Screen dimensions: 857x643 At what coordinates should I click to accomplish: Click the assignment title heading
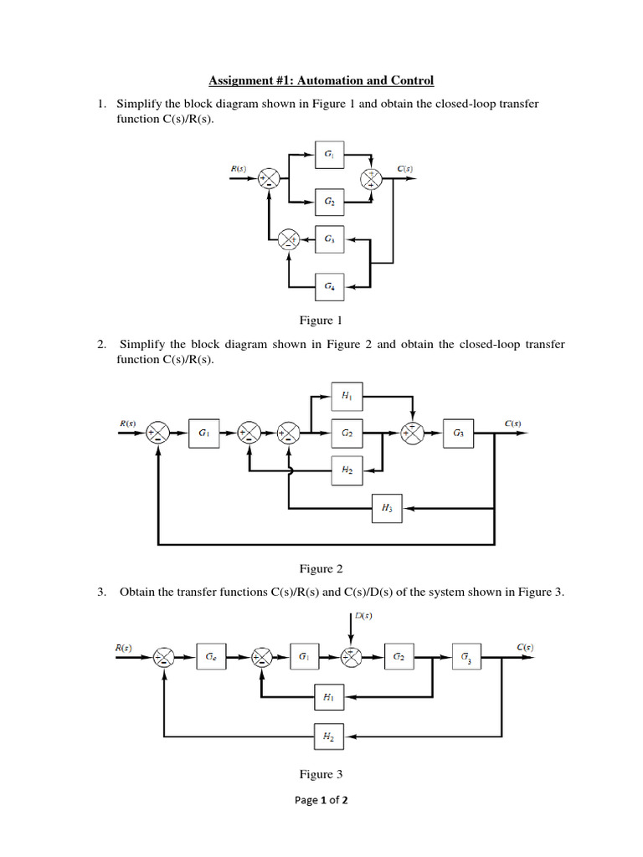coord(321,81)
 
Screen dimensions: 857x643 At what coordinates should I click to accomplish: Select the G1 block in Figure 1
coord(327,155)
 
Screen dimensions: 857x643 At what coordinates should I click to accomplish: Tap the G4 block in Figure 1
coord(327,286)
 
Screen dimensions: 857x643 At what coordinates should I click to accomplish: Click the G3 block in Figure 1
coord(327,239)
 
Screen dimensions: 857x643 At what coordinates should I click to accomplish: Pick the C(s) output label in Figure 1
coord(404,169)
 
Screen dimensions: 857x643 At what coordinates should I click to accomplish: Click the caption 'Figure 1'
coord(321,321)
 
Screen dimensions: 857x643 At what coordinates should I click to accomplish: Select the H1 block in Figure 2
coord(347,395)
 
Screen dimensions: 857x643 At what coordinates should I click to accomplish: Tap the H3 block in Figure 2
coord(387,508)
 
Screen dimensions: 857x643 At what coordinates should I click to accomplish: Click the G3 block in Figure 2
coord(460,433)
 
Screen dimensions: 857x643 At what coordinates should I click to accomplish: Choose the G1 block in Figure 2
coord(204,433)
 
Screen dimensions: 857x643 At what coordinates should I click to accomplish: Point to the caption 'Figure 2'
coord(321,569)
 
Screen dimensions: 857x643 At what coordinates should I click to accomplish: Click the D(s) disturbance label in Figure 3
coord(364,617)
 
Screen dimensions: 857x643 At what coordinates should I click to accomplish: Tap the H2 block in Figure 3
coord(328,736)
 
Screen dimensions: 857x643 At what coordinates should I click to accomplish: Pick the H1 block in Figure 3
coord(328,696)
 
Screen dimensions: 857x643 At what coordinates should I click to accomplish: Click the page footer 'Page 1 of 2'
coord(321,800)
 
